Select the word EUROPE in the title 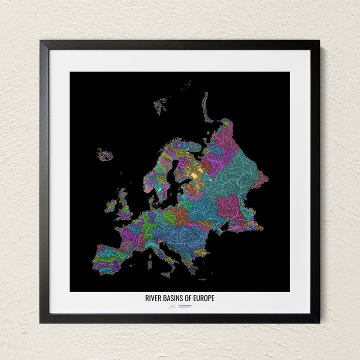coord(204,298)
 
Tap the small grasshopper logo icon coord(172,306)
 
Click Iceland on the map coord(105,155)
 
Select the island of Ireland coord(110,205)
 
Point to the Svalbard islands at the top coord(160,105)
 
